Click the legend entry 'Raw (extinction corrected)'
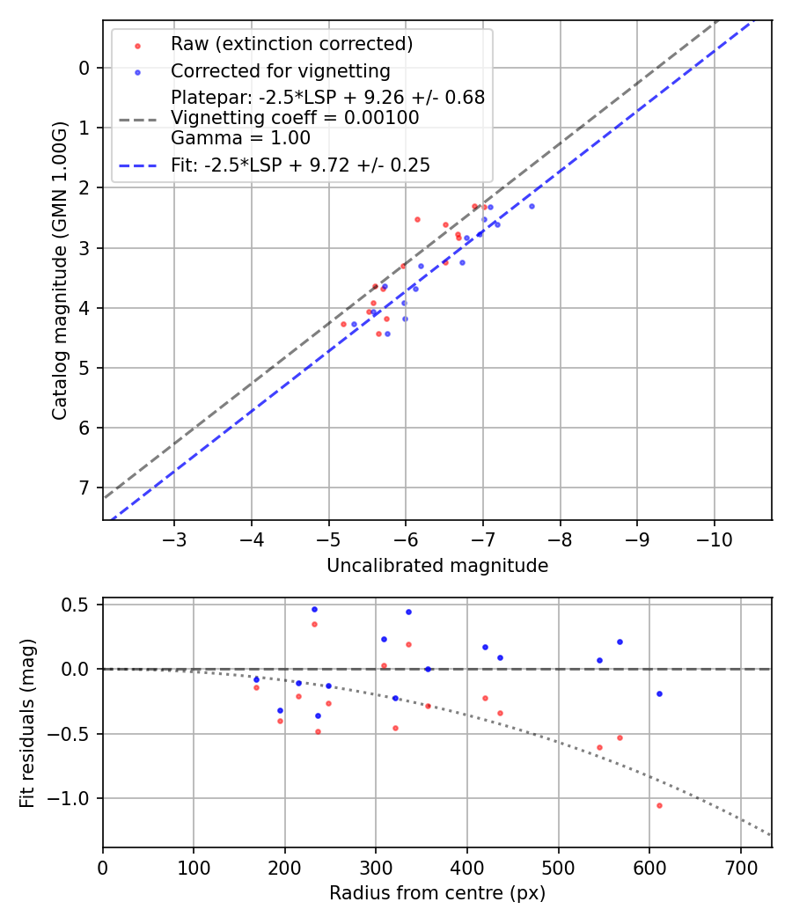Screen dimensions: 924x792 coord(291,44)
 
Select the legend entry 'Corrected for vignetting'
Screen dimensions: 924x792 coord(280,70)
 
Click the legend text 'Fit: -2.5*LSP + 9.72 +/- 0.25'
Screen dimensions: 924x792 coord(300,165)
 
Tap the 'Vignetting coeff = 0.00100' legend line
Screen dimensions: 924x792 coord(295,117)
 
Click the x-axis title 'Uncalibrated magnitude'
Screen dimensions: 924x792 coord(437,566)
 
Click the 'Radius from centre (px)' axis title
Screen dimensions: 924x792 coord(437,893)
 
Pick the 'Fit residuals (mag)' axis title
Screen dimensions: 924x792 coord(27,722)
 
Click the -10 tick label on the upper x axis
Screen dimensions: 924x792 coord(714,539)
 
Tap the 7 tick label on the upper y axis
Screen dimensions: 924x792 coord(84,488)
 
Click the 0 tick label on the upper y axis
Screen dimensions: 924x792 coord(84,68)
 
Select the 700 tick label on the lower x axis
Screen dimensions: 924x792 coord(741,866)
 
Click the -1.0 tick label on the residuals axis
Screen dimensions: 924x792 coord(74,798)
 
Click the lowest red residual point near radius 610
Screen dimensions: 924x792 coord(659,805)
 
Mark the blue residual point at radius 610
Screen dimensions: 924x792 coord(659,693)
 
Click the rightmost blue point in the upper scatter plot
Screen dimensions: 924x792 coord(532,206)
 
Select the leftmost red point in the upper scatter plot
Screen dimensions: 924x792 coord(343,324)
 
